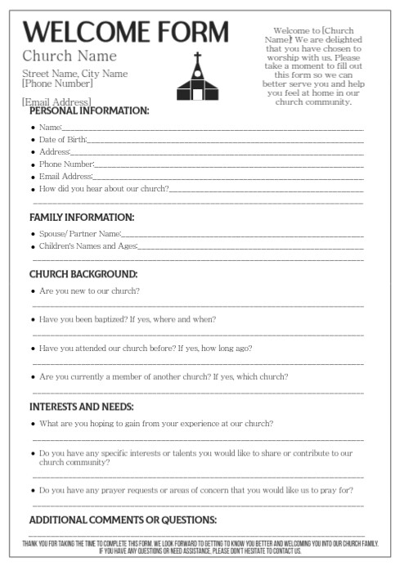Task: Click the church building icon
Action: [x=197, y=78]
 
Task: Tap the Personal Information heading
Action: [x=89, y=110]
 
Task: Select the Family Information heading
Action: [x=82, y=217]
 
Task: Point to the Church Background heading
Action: [x=83, y=274]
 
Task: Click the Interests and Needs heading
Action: [x=82, y=407]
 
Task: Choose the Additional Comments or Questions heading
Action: [x=123, y=520]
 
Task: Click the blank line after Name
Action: [x=213, y=128]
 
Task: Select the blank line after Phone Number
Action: [x=229, y=164]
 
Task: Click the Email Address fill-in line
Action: [x=229, y=177]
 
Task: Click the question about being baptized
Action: [x=127, y=319]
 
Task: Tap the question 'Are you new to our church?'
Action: [x=89, y=291]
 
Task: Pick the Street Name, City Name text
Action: [x=74, y=74]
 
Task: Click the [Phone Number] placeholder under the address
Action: [x=57, y=83]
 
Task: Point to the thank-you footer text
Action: [x=200, y=547]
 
